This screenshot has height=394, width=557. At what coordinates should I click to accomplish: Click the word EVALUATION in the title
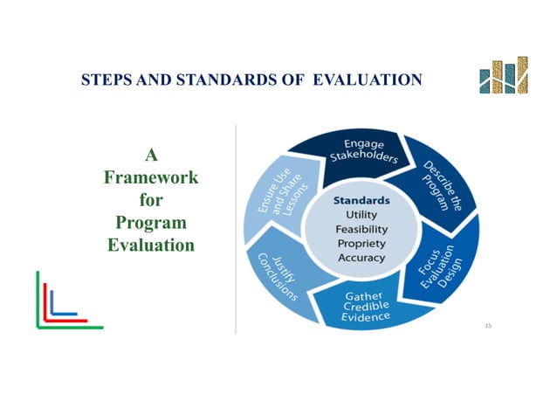[372, 80]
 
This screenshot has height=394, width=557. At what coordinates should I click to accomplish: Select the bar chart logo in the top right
[504, 77]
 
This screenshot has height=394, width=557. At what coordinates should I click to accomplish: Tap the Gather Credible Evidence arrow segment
[367, 307]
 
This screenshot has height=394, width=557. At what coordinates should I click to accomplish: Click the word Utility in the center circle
[361, 215]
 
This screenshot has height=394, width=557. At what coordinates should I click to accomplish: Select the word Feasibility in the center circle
[361, 230]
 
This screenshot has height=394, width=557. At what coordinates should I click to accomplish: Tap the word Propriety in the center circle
[361, 244]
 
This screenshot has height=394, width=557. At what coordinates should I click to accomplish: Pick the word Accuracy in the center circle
[361, 259]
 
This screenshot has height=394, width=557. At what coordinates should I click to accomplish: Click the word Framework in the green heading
[150, 177]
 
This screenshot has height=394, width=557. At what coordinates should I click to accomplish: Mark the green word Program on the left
[150, 222]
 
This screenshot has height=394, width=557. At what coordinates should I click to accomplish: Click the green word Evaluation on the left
[150, 245]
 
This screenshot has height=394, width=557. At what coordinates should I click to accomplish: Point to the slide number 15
[488, 326]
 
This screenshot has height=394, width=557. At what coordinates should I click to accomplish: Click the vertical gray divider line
[236, 227]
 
